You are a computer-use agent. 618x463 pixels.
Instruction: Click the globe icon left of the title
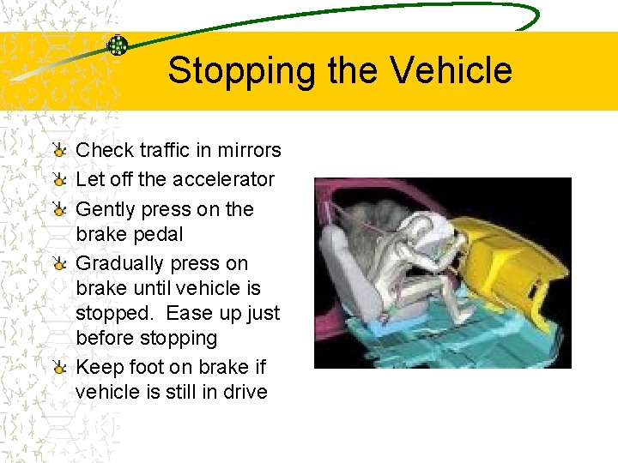pyautogui.click(x=118, y=46)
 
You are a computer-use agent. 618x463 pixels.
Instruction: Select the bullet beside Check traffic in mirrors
pyautogui.click(x=58, y=151)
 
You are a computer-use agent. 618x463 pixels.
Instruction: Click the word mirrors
pyautogui.click(x=251, y=150)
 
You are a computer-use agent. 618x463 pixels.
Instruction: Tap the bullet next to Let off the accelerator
pyautogui.click(x=58, y=180)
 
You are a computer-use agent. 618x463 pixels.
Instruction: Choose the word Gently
pyautogui.click(x=106, y=209)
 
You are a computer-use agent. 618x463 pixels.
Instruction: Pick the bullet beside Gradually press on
pyautogui.click(x=58, y=264)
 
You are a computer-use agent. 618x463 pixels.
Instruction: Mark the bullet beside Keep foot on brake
pyautogui.click(x=58, y=368)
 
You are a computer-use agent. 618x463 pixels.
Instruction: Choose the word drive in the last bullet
pyautogui.click(x=245, y=392)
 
